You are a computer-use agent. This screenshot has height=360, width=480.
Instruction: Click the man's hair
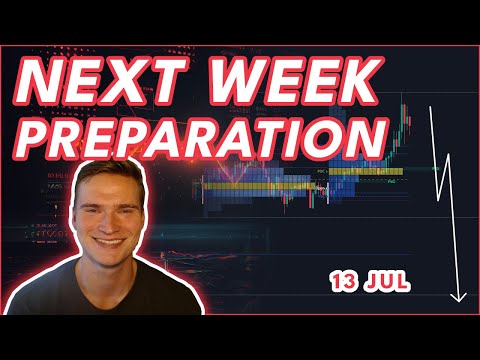click(110, 163)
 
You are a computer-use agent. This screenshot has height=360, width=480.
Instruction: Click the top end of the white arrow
click(430, 106)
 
